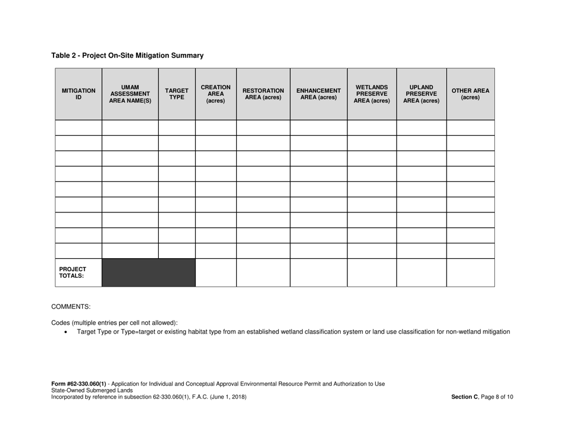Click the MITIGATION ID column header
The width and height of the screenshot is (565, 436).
point(79,94)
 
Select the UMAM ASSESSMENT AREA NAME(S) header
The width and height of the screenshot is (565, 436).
point(130,94)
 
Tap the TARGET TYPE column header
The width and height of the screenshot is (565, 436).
point(177,94)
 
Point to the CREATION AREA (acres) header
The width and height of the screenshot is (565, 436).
point(215,94)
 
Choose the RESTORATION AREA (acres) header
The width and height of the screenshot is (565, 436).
point(263,94)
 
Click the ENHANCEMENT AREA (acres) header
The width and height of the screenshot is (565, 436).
point(318,94)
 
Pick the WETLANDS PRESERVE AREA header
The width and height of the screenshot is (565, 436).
point(372,94)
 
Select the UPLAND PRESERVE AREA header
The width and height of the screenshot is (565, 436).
point(421,94)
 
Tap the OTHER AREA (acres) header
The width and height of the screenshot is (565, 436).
point(470,94)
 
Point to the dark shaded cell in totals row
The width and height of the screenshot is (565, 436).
point(149,272)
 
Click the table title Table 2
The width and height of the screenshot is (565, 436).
point(127,55)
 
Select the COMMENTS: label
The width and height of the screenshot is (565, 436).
point(71,307)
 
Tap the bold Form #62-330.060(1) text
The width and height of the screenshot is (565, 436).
point(79,384)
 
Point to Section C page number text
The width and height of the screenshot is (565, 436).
point(482,397)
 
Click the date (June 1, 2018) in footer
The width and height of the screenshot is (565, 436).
point(225,397)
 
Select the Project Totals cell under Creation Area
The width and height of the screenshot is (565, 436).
point(215,272)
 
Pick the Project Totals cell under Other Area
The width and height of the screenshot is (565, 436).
point(470,272)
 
